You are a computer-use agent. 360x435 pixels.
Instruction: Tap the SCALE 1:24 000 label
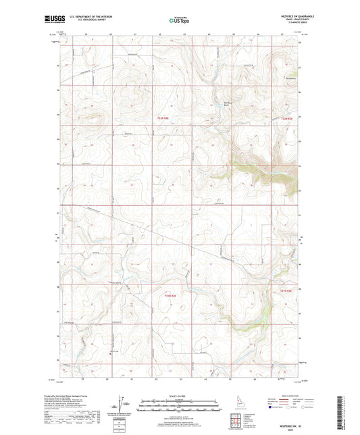(180, 396)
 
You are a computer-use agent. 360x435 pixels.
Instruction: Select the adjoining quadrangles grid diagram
(235, 422)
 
